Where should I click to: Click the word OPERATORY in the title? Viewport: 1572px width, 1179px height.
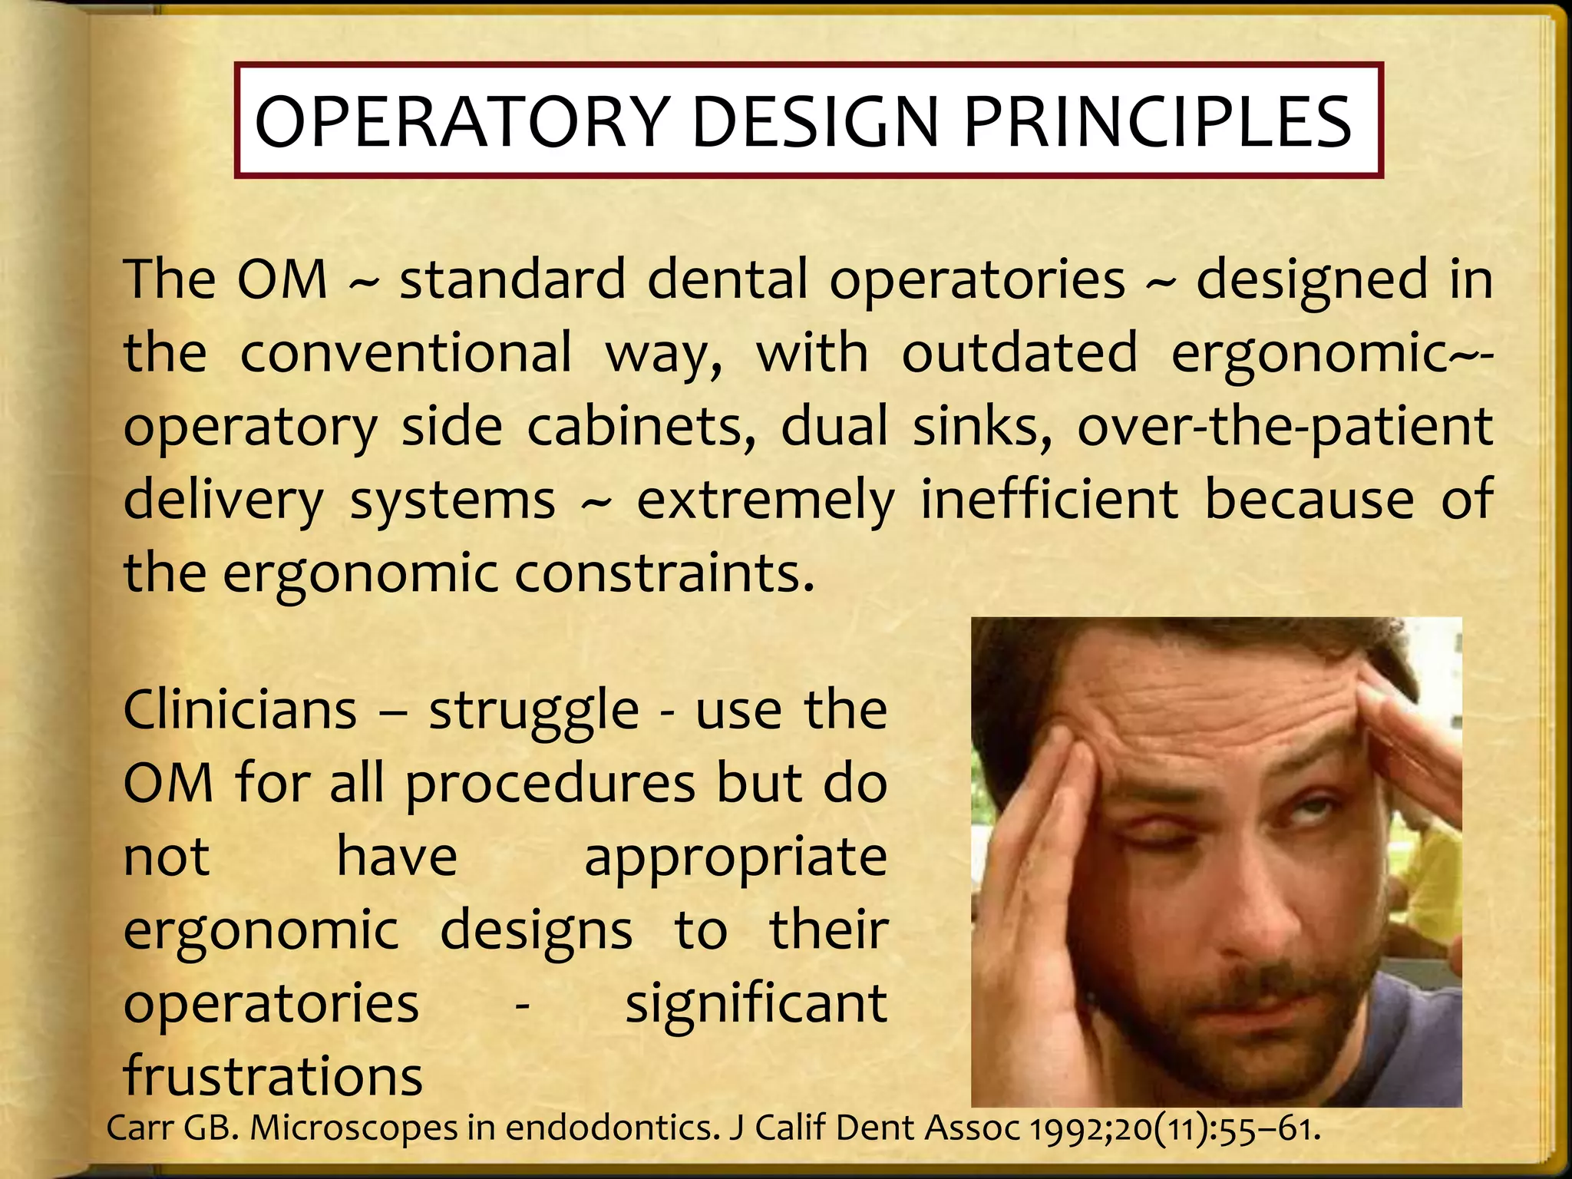pyautogui.click(x=461, y=122)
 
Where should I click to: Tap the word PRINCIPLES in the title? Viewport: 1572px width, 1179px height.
pyautogui.click(x=1157, y=122)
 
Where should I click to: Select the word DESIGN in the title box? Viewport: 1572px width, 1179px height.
pyautogui.click(x=815, y=122)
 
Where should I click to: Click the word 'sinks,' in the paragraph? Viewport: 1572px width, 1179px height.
pyautogui.click(x=982, y=427)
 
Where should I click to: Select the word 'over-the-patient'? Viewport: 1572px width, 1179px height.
pyautogui.click(x=1285, y=427)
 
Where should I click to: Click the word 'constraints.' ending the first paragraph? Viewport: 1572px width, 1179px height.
pyautogui.click(x=664, y=574)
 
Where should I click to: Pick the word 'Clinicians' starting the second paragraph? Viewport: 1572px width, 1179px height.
pyautogui.click(x=239, y=710)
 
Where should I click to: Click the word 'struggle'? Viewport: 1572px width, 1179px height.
pyautogui.click(x=533, y=712)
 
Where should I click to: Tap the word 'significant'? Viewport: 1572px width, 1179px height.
pyautogui.click(x=756, y=1006)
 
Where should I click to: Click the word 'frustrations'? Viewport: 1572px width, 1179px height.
pyautogui.click(x=272, y=1076)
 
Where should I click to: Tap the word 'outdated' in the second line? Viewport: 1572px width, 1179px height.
pyautogui.click(x=1019, y=353)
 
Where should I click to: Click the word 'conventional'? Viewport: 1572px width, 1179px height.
pyautogui.click(x=406, y=353)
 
